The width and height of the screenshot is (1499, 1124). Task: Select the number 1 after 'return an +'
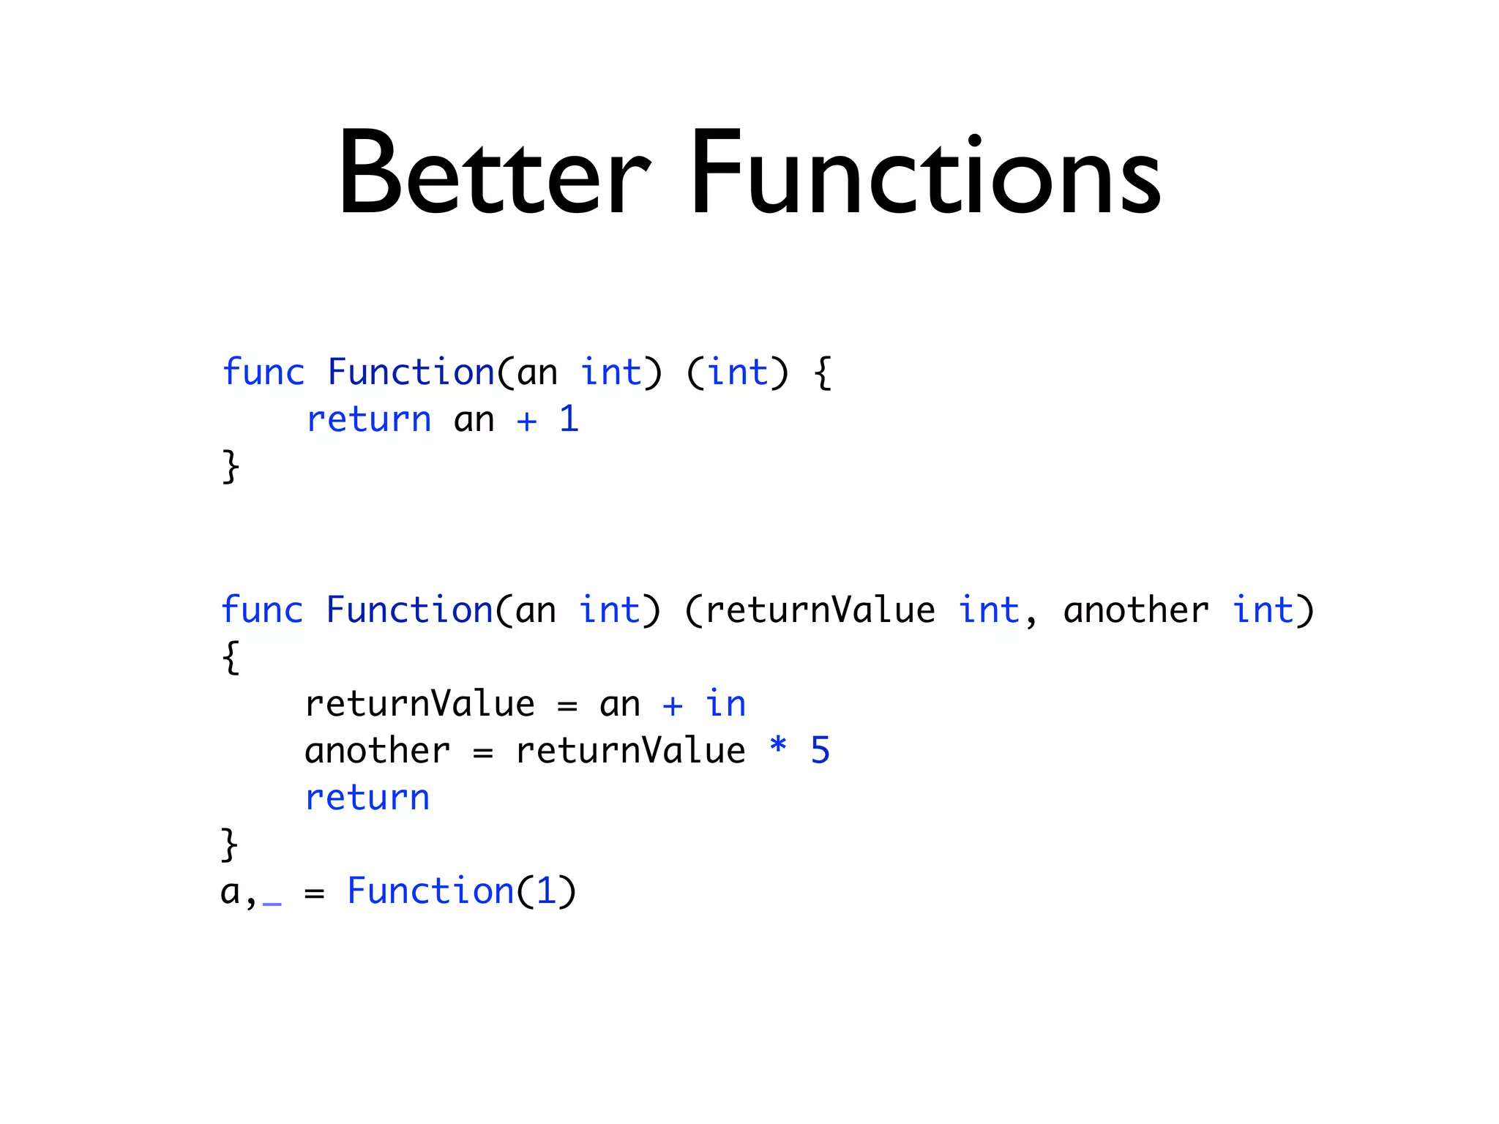tap(569, 419)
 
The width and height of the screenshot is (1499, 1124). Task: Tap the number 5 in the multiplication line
tap(820, 751)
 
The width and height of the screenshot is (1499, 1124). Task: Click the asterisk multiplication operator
tap(778, 746)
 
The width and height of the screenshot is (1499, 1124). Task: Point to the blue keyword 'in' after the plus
tap(725, 704)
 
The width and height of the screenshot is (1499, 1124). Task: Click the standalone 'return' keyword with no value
tap(367, 798)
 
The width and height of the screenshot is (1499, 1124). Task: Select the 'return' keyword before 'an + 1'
tap(369, 420)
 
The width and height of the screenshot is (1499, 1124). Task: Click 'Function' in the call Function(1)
tap(430, 891)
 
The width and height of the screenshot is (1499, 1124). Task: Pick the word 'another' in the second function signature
tap(1135, 610)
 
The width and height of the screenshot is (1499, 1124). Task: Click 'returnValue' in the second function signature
tap(820, 610)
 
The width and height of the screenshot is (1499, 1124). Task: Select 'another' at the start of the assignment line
tap(378, 751)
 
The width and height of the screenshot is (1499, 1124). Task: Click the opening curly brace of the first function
tap(823, 373)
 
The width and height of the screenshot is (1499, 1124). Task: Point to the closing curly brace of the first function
tap(231, 467)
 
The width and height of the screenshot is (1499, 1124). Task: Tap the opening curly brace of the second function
tap(231, 657)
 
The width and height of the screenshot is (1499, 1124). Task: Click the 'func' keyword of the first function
tap(263, 372)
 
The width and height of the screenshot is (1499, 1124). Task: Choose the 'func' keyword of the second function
tap(262, 610)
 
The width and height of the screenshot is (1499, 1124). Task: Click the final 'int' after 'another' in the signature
tap(1263, 610)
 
